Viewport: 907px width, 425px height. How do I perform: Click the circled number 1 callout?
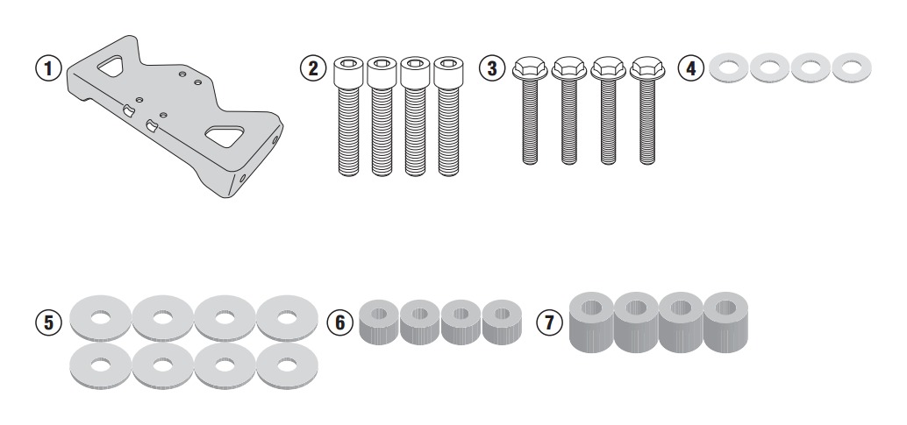pyautogui.click(x=48, y=68)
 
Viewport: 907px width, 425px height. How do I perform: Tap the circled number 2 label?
pyautogui.click(x=313, y=68)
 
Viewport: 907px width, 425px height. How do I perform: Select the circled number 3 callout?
pyautogui.click(x=492, y=68)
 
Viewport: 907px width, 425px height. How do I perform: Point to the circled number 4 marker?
pyautogui.click(x=690, y=68)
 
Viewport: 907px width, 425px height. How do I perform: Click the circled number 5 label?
pyautogui.click(x=48, y=322)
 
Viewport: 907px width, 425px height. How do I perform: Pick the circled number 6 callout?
pyautogui.click(x=339, y=322)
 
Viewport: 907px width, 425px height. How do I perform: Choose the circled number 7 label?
pyautogui.click(x=549, y=322)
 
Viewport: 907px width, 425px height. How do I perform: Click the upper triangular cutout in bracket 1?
pyautogui.click(x=111, y=66)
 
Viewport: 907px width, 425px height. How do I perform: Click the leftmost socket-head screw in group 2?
pyautogui.click(x=348, y=116)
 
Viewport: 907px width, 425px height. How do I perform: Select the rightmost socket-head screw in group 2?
pyautogui.click(x=448, y=116)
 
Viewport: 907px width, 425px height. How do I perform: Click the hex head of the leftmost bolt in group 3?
pyautogui.click(x=530, y=67)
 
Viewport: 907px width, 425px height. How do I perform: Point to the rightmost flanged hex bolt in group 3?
pyautogui.click(x=647, y=110)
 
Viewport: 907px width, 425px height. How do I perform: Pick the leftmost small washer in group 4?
pyautogui.click(x=728, y=68)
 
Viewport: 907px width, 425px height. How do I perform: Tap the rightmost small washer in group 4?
pyautogui.click(x=852, y=68)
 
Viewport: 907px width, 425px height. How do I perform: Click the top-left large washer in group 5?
pyautogui.click(x=101, y=319)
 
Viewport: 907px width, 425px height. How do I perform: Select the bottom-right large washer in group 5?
pyautogui.click(x=287, y=366)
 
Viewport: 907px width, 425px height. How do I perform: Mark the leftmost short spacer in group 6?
pyautogui.click(x=379, y=322)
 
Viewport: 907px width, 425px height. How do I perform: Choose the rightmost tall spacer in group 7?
pyautogui.click(x=725, y=322)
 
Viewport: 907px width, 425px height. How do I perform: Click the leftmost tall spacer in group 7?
pyautogui.click(x=592, y=322)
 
